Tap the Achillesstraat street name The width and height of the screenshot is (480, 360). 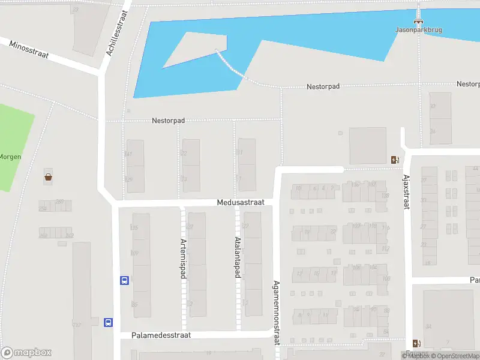pyautogui.click(x=118, y=33)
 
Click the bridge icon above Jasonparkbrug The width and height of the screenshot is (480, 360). pyautogui.click(x=419, y=16)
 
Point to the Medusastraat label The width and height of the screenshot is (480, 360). pyautogui.click(x=240, y=203)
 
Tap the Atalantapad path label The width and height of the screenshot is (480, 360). pyautogui.click(x=237, y=257)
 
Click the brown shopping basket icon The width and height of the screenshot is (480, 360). pyautogui.click(x=47, y=177)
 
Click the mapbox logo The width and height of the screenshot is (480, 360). pyautogui.click(x=26, y=353)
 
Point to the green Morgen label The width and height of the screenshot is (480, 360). pyautogui.click(x=11, y=157)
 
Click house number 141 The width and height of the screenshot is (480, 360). pyautogui.click(x=128, y=154)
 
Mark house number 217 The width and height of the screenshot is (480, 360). pyautogui.click(x=76, y=325)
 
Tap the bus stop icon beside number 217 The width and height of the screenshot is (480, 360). pyautogui.click(x=109, y=322)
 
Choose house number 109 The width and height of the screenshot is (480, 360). pyautogui.click(x=134, y=253)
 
